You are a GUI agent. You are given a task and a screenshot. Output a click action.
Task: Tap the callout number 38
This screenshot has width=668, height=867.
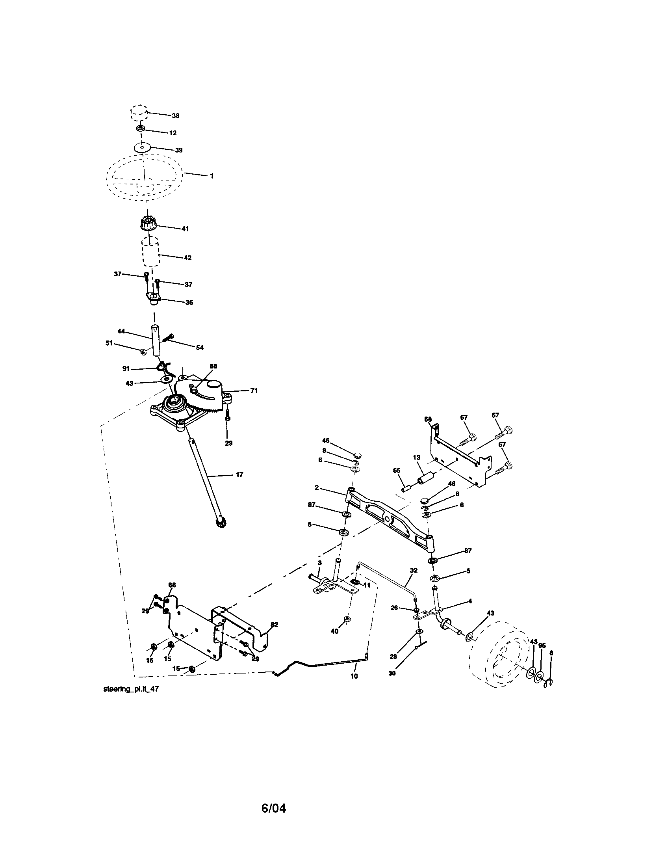tap(175, 115)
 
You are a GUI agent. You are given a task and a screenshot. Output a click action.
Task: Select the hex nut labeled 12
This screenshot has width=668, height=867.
tap(141, 128)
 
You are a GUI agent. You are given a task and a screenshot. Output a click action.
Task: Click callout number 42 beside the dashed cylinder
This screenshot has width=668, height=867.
tap(187, 258)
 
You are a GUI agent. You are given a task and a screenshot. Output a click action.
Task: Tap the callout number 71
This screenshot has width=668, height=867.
tap(254, 390)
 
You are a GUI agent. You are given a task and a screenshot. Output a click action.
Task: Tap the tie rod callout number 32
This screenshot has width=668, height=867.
tap(414, 571)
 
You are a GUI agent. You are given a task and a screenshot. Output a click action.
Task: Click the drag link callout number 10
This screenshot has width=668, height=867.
tap(354, 675)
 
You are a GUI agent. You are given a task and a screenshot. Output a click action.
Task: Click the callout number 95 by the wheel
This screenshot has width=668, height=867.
tap(542, 645)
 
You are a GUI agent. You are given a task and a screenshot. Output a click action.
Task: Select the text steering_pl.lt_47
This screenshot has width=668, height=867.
tap(131, 689)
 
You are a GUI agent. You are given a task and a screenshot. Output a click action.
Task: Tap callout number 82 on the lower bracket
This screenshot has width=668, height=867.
tap(274, 625)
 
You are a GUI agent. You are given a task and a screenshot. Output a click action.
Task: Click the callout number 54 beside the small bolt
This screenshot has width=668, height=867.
tap(200, 347)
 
